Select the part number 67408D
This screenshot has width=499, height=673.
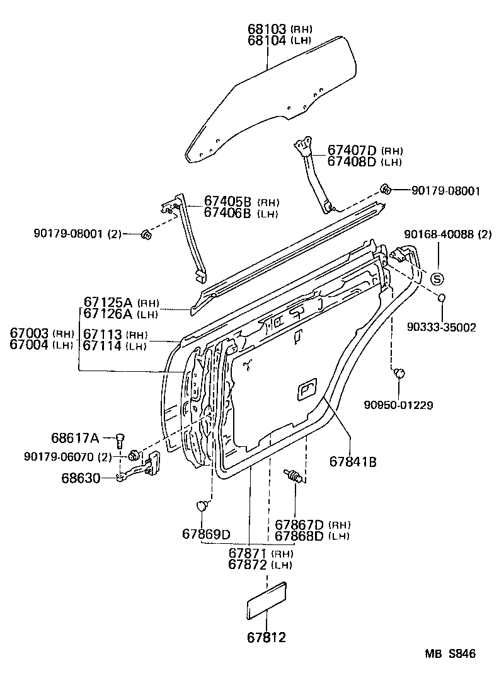[352, 162]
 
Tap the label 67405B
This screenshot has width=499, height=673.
[227, 202]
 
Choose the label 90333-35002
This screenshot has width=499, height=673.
[442, 327]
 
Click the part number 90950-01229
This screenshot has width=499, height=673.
[399, 405]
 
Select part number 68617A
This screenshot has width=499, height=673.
[75, 437]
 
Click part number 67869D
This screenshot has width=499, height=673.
[206, 534]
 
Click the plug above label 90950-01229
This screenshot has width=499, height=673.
[399, 374]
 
